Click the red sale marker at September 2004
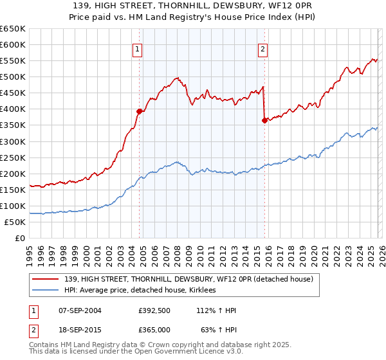tap(139, 111)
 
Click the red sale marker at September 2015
tap(264, 120)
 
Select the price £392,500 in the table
tap(154, 310)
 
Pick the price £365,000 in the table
tap(154, 330)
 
